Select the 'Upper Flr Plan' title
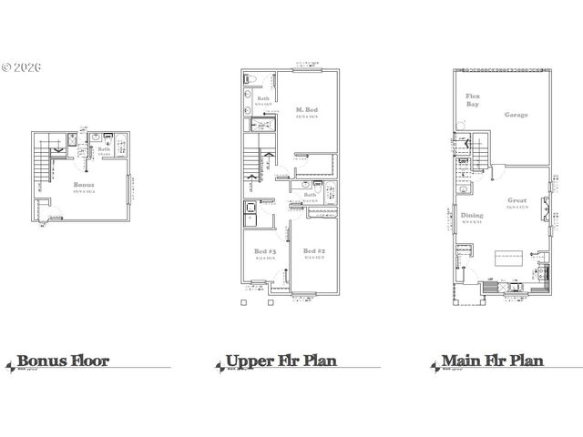[x=281, y=361]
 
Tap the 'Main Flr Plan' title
[x=492, y=361]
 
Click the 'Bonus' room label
[x=84, y=184]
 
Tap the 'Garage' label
[x=517, y=116]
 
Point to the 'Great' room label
[x=517, y=200]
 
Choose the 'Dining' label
[x=473, y=215]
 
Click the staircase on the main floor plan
[x=479, y=150]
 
